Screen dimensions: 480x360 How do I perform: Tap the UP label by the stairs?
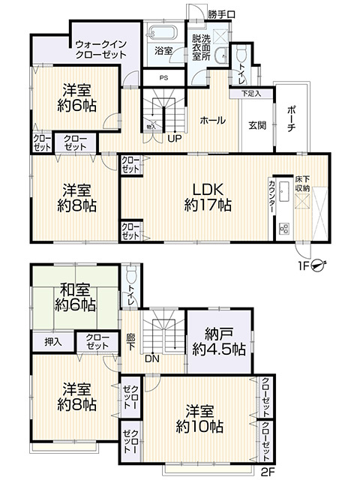pyautogui.click(x=174, y=138)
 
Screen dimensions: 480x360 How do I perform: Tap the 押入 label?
pyautogui.click(x=52, y=342)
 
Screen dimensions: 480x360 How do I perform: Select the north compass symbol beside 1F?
pyautogui.click(x=318, y=264)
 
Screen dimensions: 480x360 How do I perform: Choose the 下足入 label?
pyautogui.click(x=251, y=94)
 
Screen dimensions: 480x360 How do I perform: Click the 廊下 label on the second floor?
pyautogui.click(x=130, y=340)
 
